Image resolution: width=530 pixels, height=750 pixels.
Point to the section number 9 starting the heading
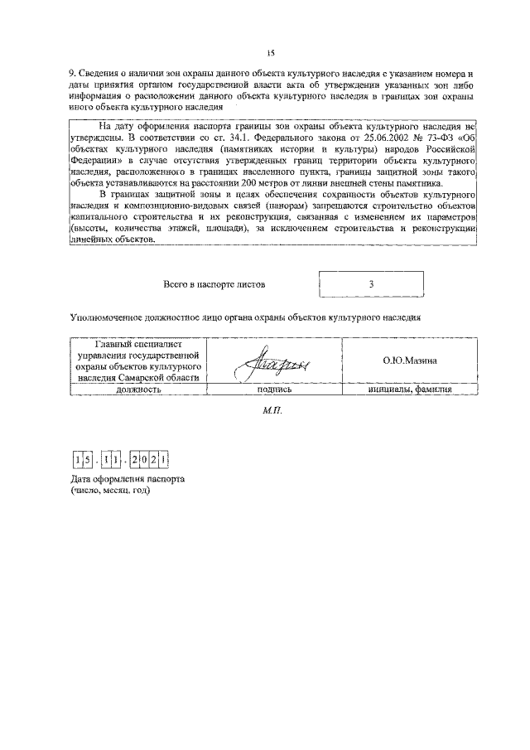pyautogui.click(x=71, y=75)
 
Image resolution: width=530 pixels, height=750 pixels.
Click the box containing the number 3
pyautogui.click(x=372, y=283)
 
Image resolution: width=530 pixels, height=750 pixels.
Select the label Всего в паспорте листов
pyautogui.click(x=214, y=284)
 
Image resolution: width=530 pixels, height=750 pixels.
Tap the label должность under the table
pyautogui.click(x=138, y=388)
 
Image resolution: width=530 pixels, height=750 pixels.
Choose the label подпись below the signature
pyautogui.click(x=274, y=388)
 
